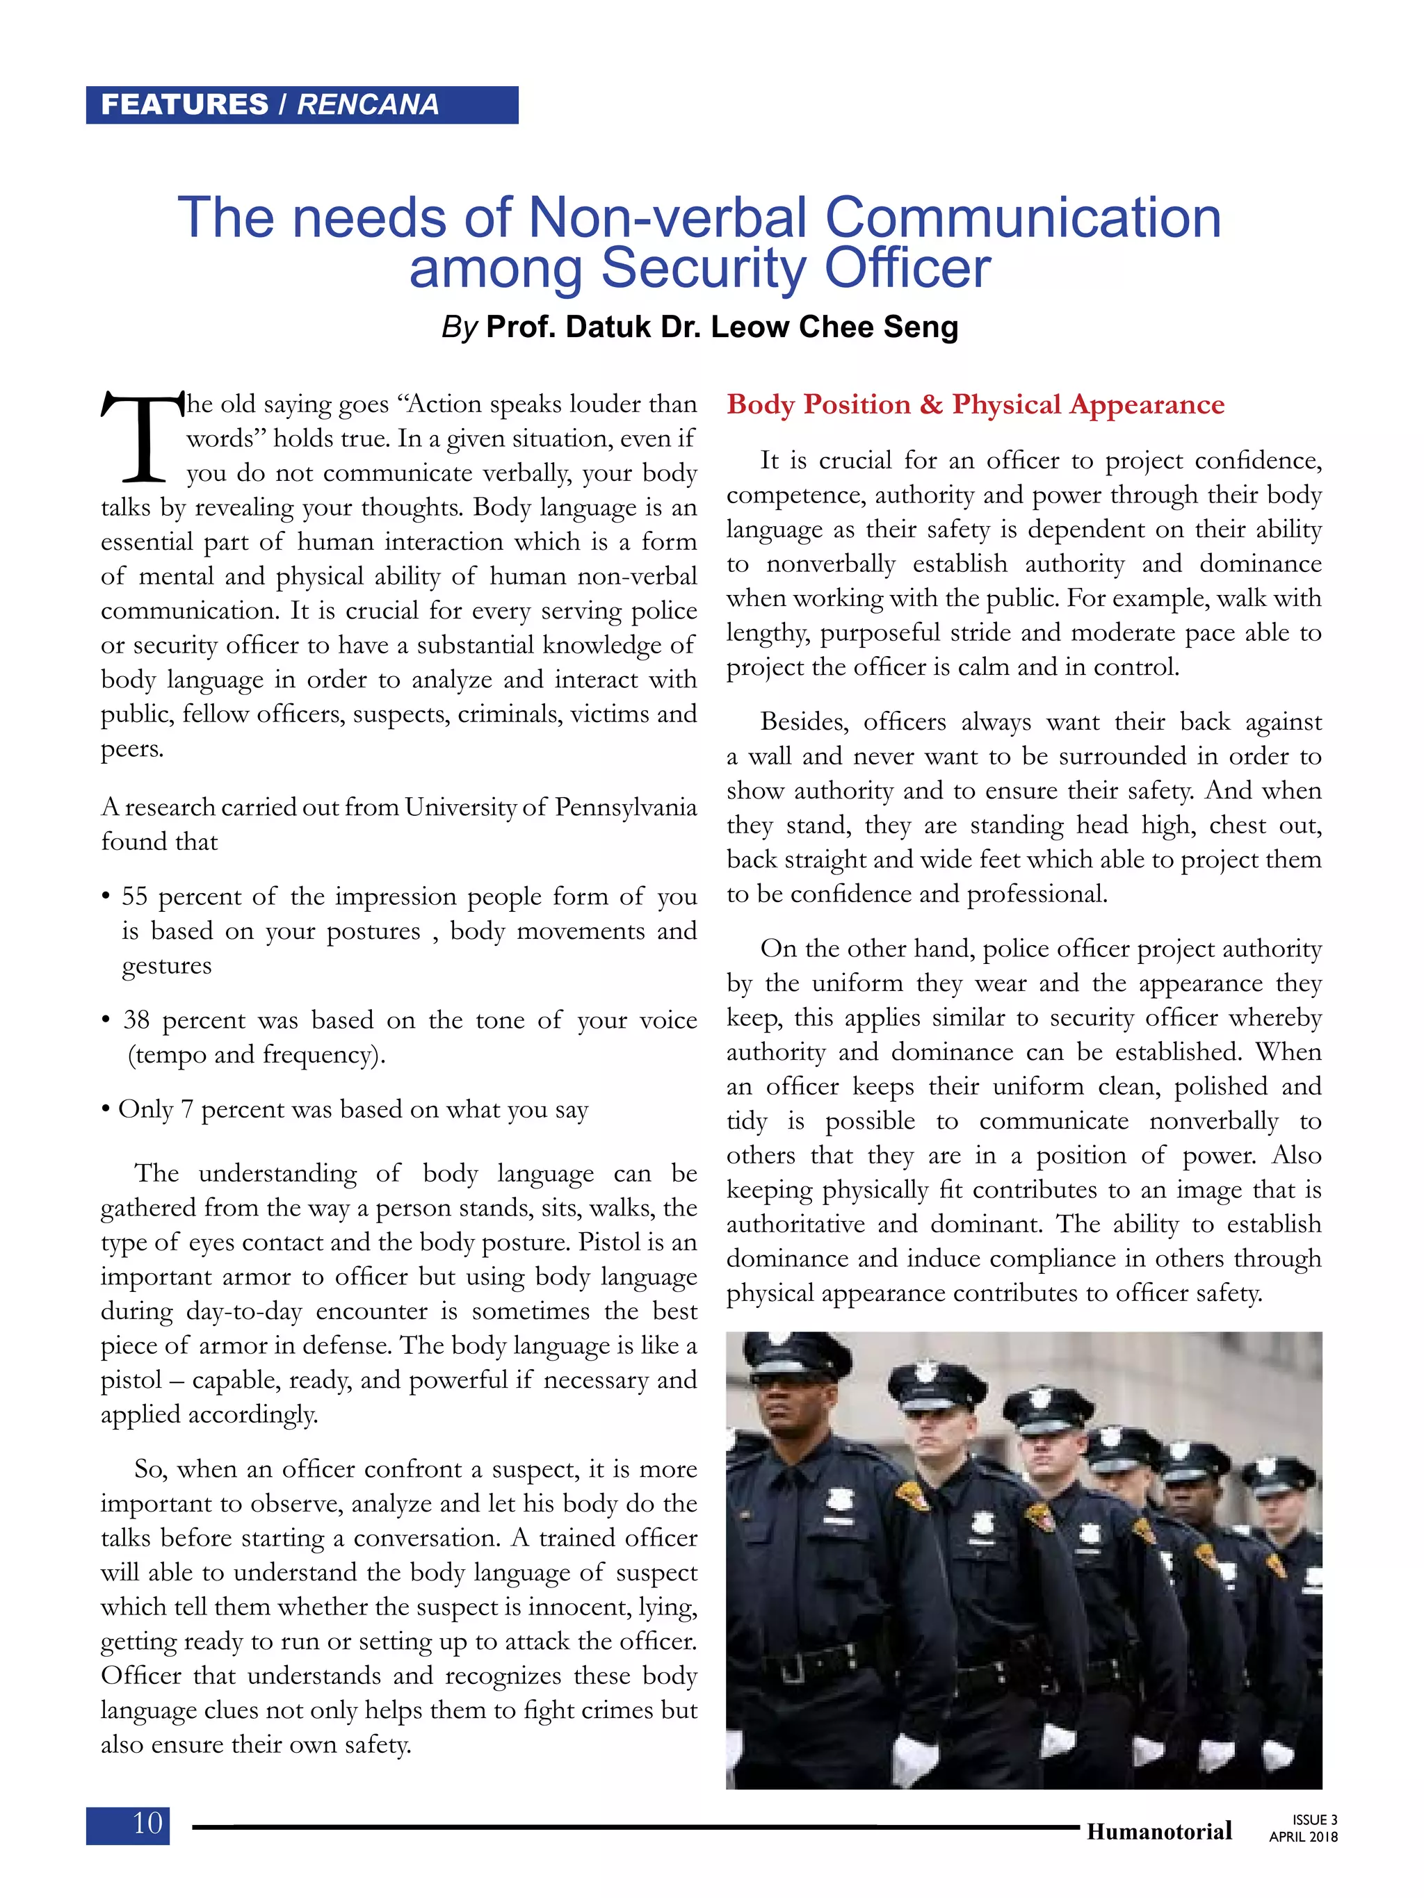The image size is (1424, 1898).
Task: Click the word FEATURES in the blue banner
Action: coord(184,105)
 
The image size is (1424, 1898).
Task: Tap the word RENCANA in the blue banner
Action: coord(367,105)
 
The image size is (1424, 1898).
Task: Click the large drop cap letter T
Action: coord(142,438)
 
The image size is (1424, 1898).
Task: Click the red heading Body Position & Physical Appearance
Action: coord(975,404)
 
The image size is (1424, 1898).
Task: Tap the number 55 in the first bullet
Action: coord(135,897)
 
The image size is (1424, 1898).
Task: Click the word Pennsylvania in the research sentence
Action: coord(625,808)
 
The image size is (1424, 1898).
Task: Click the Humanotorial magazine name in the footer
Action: coord(1159,1831)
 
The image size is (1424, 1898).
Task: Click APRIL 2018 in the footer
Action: coord(1302,1837)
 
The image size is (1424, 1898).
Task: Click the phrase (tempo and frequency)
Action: coord(257,1054)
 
